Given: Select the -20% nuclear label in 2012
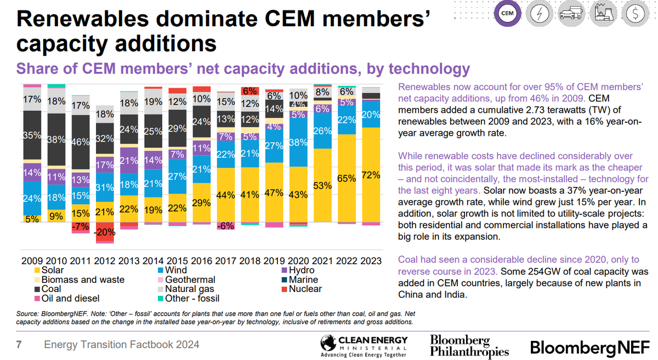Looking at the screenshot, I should (x=105, y=231).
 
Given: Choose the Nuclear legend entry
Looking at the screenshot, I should (x=304, y=289).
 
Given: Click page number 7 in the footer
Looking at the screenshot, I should (x=18, y=345).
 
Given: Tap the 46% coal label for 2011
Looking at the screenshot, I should (x=81, y=141).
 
